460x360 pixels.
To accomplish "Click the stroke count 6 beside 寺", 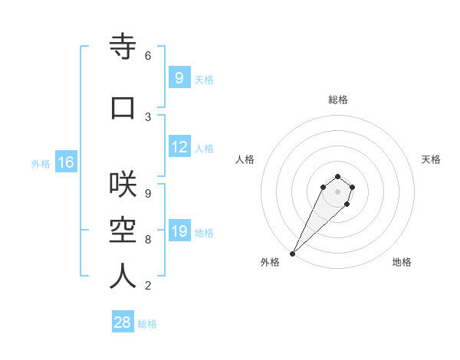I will [148, 56].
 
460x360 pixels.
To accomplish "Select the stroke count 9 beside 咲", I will [148, 193].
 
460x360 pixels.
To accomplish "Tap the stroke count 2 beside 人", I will [148, 286].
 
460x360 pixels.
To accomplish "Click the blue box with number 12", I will [179, 147].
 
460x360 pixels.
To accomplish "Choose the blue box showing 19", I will [179, 231].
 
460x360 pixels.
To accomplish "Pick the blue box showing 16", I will [65, 162].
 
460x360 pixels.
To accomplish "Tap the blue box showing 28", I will [123, 322].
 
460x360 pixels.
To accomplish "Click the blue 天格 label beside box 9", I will [204, 80].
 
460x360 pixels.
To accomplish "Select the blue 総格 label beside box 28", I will [147, 324].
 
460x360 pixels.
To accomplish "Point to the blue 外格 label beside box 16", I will [41, 164].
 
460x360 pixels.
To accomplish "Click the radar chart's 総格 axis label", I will [338, 100].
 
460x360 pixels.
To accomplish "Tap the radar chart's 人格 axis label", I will [245, 159].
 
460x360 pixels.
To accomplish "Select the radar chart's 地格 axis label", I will [402, 262].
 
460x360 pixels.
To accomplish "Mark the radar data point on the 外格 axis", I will [292, 254].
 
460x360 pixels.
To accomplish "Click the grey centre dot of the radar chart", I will [337, 191].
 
